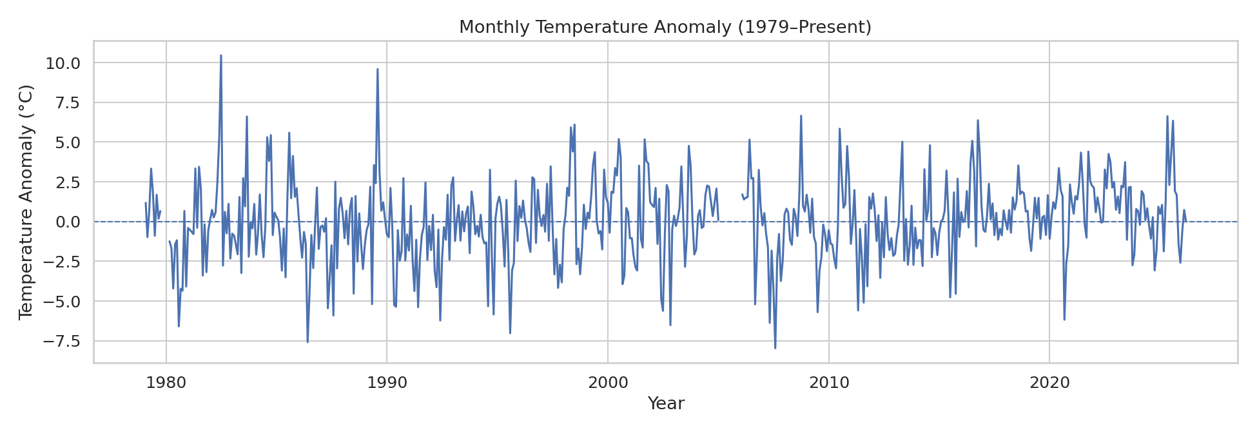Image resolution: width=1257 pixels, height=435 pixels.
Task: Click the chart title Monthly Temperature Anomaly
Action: (x=665, y=27)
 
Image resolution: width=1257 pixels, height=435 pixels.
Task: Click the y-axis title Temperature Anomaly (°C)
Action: (x=26, y=202)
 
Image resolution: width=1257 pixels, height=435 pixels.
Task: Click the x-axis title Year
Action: (x=665, y=404)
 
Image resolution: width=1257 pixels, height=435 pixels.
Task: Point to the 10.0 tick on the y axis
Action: (x=63, y=63)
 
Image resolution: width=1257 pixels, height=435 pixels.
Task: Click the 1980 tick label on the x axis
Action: (x=166, y=383)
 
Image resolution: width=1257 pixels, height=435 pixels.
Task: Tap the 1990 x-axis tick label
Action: (x=387, y=383)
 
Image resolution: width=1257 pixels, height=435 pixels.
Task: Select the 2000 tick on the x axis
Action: (x=608, y=383)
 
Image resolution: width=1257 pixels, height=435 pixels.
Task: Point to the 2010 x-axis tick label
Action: (x=828, y=383)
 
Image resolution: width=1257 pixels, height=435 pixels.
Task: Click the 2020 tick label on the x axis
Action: (x=1049, y=383)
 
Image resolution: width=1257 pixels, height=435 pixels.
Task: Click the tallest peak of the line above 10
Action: (x=220, y=56)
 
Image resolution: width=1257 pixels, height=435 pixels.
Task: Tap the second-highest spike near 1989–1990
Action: (x=377, y=70)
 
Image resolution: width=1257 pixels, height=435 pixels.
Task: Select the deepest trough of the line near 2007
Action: (x=775, y=348)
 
